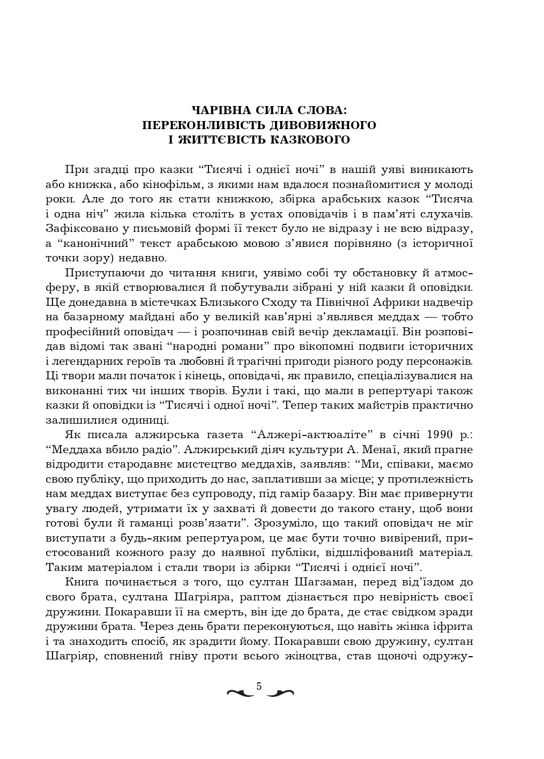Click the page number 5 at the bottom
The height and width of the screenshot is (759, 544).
coord(259,686)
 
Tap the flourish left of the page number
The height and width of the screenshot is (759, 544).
coord(241,693)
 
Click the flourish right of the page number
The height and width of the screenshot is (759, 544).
coord(280,693)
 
